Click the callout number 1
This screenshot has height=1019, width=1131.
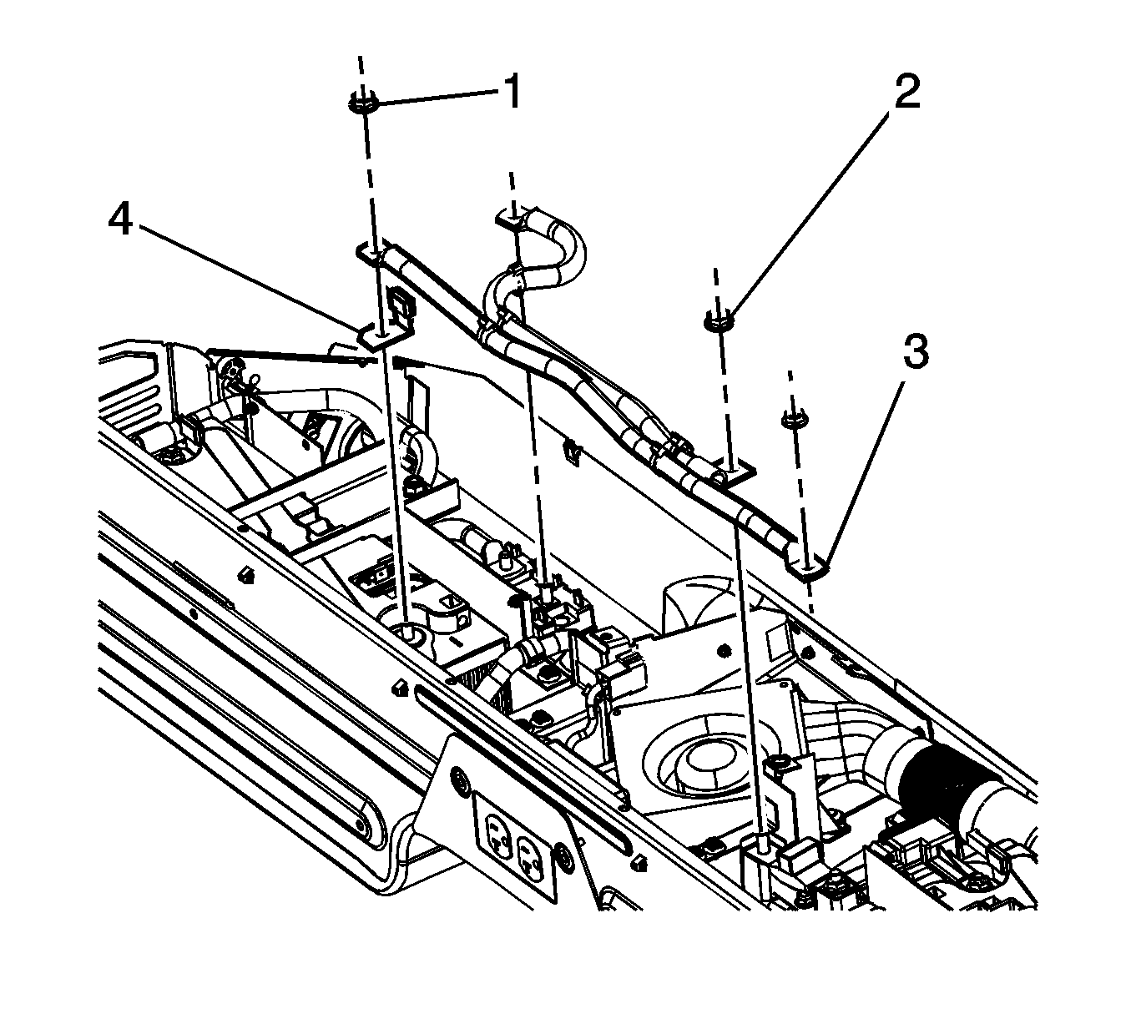(x=511, y=92)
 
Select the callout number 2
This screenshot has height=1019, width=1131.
(x=906, y=92)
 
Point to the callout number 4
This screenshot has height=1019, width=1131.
(x=123, y=221)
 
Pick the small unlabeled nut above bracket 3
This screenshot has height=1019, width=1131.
(x=792, y=420)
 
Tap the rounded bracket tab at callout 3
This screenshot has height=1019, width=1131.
(x=809, y=568)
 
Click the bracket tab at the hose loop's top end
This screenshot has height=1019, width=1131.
(x=510, y=219)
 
